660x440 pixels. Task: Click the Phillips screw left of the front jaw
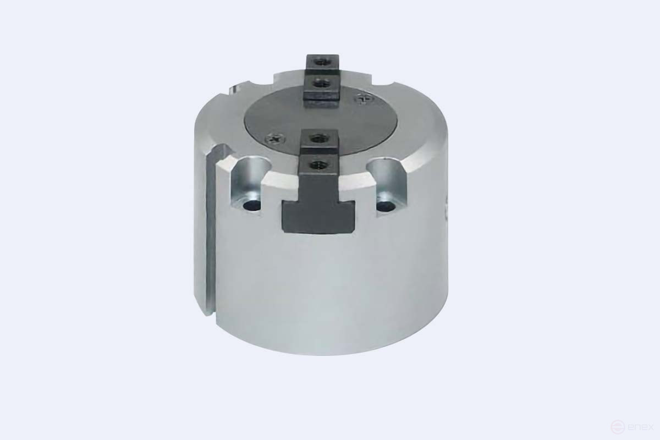tap(275, 138)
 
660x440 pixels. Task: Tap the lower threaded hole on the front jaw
tap(319, 163)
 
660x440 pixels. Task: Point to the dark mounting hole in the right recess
tap(386, 205)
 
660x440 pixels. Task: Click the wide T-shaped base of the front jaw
tap(318, 217)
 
